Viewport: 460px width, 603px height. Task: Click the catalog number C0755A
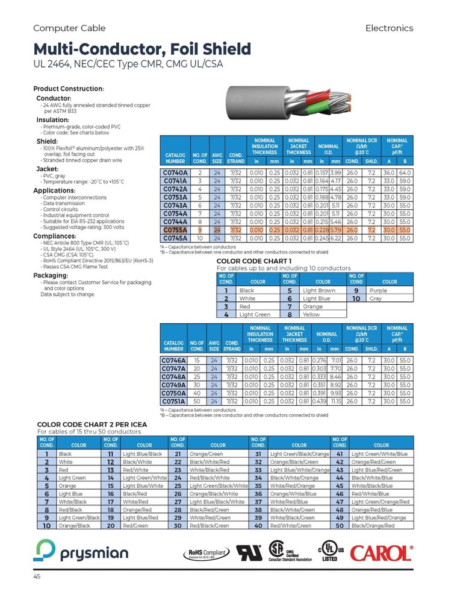pyautogui.click(x=174, y=230)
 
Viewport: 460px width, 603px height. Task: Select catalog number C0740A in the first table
pyautogui.click(x=174, y=172)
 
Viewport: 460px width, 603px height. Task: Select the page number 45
pyautogui.click(x=37, y=577)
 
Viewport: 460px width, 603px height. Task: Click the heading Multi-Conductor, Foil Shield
pyautogui.click(x=142, y=49)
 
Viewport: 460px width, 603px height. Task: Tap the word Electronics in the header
pyautogui.click(x=389, y=28)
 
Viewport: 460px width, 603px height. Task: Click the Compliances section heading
pyautogui.click(x=59, y=236)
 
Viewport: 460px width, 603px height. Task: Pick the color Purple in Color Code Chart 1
pyautogui.click(x=379, y=290)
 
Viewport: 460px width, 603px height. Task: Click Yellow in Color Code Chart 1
pyautogui.click(x=311, y=314)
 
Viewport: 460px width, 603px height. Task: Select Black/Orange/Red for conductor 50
pyautogui.click(x=373, y=525)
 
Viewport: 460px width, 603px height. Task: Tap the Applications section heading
pyautogui.click(x=58, y=191)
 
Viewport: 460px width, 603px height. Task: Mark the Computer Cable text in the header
pyautogui.click(x=69, y=28)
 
